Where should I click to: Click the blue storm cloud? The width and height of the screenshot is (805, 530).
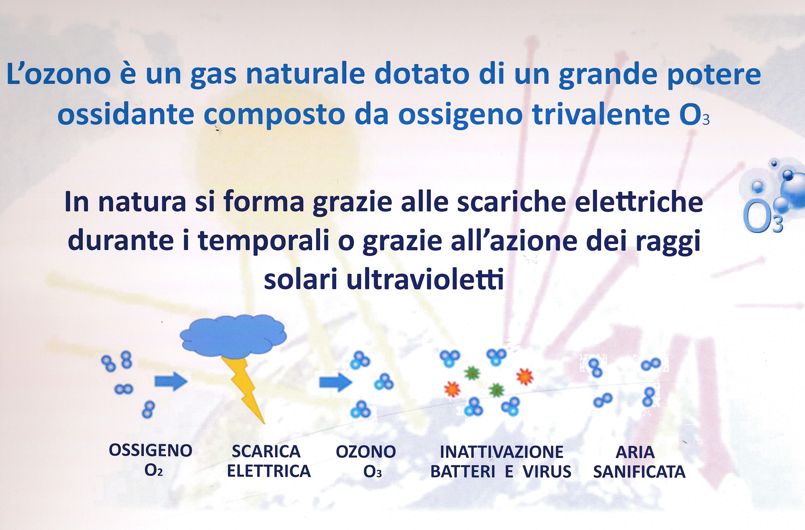click(233, 336)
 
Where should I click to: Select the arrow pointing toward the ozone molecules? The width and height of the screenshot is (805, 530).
click(336, 382)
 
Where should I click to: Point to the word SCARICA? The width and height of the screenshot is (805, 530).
click(266, 451)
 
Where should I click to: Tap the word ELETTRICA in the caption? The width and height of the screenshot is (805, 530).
click(269, 471)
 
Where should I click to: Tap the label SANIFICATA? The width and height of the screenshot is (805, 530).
click(639, 472)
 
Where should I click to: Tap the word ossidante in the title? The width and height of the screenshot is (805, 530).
click(125, 115)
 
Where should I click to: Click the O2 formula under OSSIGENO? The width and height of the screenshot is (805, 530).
click(154, 471)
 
